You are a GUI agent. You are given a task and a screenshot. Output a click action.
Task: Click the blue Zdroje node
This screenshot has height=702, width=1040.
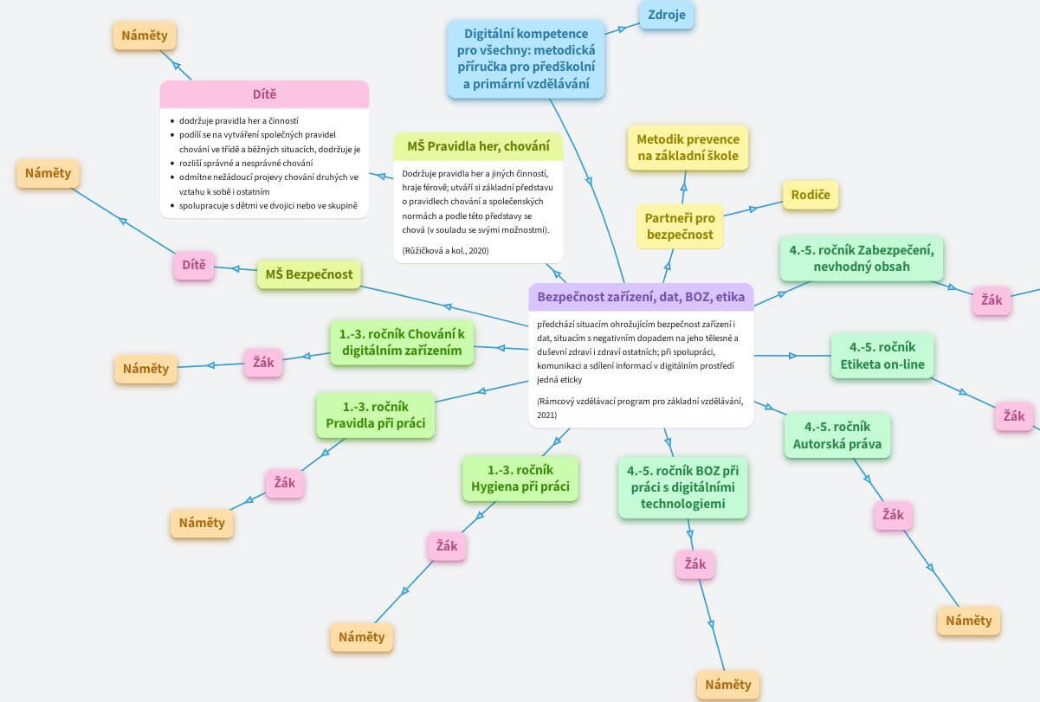[666, 15]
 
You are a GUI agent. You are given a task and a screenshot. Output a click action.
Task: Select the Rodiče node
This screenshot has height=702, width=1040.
[811, 195]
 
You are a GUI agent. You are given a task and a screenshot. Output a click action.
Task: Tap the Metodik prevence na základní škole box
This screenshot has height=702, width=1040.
[688, 147]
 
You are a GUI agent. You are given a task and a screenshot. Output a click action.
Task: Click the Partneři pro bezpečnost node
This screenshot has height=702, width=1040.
[680, 227]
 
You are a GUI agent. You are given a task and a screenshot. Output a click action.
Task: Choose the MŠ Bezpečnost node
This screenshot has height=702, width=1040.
[309, 274]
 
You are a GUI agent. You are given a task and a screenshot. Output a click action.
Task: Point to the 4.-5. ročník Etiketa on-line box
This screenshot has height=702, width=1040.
[882, 356]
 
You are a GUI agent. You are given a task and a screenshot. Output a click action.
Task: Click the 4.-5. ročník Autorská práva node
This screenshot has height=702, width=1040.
[837, 435]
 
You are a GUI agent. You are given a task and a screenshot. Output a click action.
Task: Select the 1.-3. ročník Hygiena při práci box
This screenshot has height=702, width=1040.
[520, 479]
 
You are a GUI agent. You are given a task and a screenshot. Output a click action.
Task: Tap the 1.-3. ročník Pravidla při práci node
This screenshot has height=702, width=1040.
[375, 415]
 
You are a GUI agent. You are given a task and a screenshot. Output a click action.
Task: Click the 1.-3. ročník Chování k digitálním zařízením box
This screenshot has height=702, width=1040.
[402, 343]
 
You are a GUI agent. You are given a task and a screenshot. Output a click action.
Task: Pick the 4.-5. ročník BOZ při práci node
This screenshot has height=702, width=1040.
[682, 487]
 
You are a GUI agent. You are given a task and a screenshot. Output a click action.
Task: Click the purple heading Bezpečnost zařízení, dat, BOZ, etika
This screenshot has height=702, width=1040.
[641, 297]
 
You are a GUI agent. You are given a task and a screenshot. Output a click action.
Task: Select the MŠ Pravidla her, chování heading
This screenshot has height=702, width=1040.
[478, 146]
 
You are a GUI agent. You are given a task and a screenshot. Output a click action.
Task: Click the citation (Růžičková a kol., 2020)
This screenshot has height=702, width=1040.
[445, 251]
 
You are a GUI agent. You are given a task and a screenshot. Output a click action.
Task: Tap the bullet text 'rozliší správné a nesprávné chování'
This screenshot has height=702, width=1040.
[246, 164]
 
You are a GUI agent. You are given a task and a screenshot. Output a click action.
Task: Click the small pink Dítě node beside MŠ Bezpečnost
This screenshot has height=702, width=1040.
[194, 265]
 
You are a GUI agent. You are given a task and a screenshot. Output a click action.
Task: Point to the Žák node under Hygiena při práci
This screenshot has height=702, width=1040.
[447, 546]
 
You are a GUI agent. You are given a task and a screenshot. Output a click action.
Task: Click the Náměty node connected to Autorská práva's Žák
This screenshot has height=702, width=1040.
[968, 621]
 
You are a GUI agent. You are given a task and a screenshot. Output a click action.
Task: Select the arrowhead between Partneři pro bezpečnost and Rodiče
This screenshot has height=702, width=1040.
[753, 209]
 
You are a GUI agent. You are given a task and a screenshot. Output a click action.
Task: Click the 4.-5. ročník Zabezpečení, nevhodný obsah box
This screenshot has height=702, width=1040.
[862, 259]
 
